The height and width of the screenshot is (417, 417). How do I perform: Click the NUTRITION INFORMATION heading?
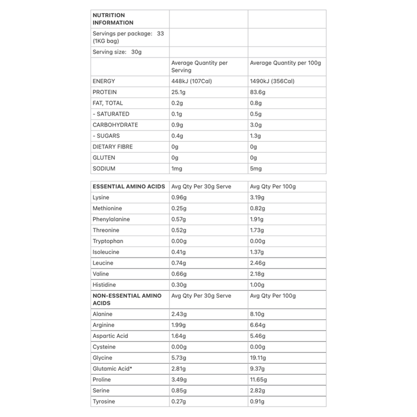[x=113, y=19]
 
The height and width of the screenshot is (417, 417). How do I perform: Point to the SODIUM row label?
[x=104, y=168]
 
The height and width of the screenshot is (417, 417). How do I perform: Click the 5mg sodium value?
[x=257, y=168]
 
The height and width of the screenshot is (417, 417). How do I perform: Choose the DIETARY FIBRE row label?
[x=113, y=146]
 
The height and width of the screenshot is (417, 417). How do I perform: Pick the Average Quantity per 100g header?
[x=286, y=63]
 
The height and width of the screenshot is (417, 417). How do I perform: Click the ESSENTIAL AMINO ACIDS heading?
[x=129, y=187]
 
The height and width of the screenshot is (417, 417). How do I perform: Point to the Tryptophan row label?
[x=107, y=241]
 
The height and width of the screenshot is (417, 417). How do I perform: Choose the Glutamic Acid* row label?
[x=112, y=369]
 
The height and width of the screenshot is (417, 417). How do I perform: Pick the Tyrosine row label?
[x=104, y=401]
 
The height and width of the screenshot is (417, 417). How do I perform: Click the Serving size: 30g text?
[x=118, y=52]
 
